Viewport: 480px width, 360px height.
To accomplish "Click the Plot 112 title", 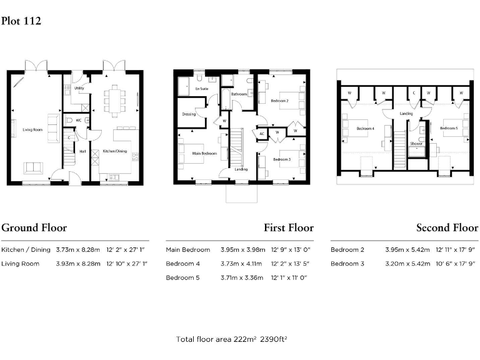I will pos(21,21).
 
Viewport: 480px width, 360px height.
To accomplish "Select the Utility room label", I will pos(79,88).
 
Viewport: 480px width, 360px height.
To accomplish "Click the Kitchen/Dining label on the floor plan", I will pos(115,151).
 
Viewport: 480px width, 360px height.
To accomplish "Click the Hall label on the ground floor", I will pos(82,151).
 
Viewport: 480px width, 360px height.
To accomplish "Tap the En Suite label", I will pos(201,90).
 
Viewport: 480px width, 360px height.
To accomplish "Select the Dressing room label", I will pos(189,114).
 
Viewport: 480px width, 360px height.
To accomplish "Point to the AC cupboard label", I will pos(262,134).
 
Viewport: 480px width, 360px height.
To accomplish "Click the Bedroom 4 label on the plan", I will pos(365,129).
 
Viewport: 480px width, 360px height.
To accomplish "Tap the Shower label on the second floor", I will pos(416,143).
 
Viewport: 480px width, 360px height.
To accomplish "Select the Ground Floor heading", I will pos(34,227).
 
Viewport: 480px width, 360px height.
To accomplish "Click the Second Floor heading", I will pos(447,227).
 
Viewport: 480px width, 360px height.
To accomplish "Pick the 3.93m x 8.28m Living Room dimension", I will pos(78,264).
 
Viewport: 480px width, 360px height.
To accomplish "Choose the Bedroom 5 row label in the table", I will pos(182,277).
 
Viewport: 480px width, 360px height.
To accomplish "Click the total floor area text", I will pos(231,339).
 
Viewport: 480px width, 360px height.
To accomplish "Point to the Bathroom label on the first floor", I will pos(239,94).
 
